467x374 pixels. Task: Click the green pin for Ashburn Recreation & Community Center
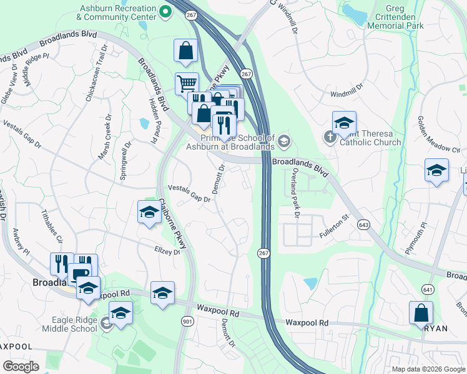click(165, 11)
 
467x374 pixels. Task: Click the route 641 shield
click(428, 289)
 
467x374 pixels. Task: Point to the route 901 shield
click(187, 320)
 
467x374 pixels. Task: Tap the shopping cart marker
click(186, 84)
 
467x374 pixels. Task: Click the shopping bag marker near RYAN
click(421, 312)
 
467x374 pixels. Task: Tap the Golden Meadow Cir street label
click(438, 134)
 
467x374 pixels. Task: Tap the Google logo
click(21, 367)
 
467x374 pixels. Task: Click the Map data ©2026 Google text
click(428, 369)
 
